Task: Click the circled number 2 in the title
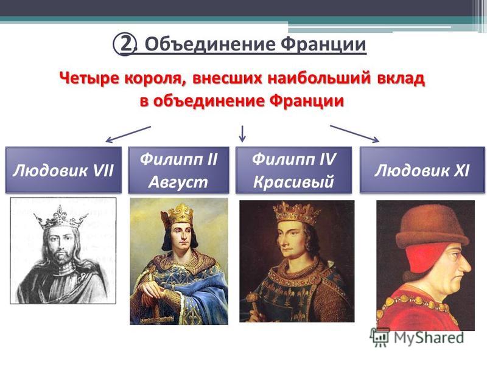125,44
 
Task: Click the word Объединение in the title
210,44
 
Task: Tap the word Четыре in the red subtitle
88,78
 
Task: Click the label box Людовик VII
63,170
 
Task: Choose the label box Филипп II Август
178,170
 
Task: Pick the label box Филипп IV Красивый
294,170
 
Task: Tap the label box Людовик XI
422,170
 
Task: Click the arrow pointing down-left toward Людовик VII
128,134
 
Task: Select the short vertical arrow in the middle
242,133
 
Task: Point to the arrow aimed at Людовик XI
354,134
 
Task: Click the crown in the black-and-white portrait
60,218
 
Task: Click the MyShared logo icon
380,337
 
